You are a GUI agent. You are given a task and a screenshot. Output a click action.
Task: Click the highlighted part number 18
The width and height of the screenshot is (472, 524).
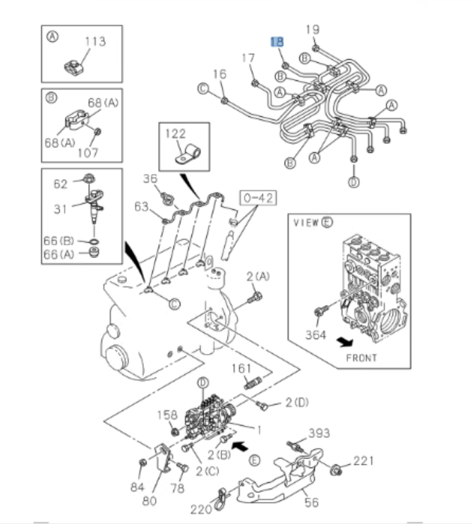279,42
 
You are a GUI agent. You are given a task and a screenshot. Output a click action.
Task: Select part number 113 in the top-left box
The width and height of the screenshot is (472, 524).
95,42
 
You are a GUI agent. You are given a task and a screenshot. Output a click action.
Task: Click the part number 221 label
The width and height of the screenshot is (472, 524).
363,462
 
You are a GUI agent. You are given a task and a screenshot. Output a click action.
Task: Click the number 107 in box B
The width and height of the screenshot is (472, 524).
87,151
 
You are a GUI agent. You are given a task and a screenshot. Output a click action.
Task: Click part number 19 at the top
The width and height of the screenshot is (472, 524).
313,29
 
